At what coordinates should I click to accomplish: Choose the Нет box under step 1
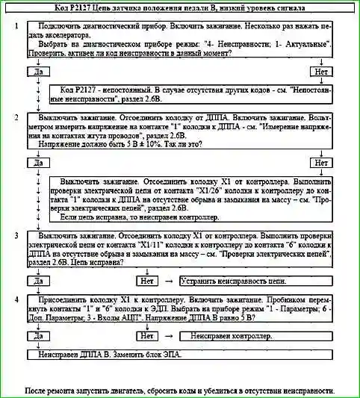(x=322, y=72)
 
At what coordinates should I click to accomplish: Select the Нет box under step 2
(x=322, y=163)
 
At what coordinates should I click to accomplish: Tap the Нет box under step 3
(x=146, y=281)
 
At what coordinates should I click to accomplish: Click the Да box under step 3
(x=37, y=281)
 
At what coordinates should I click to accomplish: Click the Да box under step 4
(x=37, y=337)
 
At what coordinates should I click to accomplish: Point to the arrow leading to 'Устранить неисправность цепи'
(x=169, y=281)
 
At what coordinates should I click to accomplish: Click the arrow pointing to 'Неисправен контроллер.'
(x=169, y=337)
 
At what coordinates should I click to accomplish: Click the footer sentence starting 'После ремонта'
(x=179, y=391)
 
